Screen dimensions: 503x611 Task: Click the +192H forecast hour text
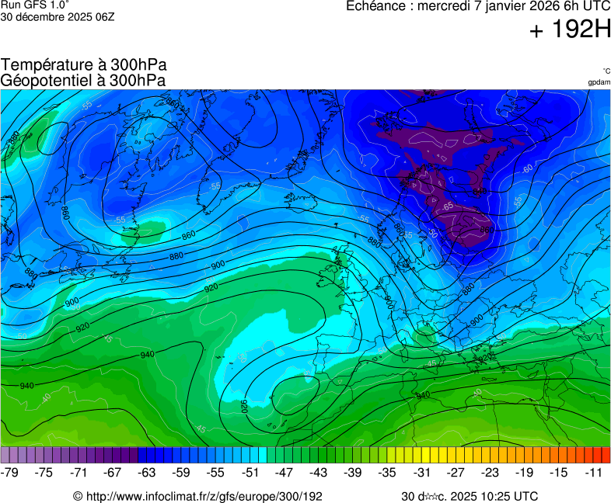point(569,31)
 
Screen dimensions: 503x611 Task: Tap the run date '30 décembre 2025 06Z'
point(58,16)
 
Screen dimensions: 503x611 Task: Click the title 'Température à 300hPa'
point(84,65)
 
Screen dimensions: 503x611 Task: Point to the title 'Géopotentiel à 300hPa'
point(83,80)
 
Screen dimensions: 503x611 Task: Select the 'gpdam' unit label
point(599,82)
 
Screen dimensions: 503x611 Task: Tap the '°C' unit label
point(606,71)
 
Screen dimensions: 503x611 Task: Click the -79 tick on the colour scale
point(10,472)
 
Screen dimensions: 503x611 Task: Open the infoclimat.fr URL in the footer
point(197,496)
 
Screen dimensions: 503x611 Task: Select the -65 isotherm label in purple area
point(449,206)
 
